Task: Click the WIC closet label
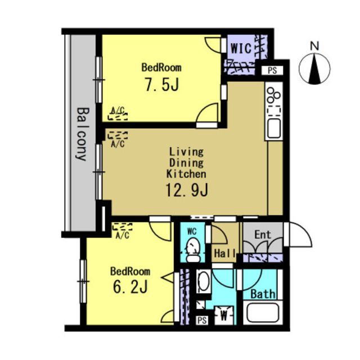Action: (x=241, y=48)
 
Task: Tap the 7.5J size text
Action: (x=161, y=84)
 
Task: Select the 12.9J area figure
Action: (x=187, y=190)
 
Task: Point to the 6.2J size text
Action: (x=130, y=286)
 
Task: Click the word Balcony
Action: (x=82, y=134)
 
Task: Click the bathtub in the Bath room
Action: (x=263, y=312)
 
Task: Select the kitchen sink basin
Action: (x=274, y=128)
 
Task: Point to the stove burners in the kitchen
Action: (x=274, y=95)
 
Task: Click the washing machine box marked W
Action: (x=224, y=315)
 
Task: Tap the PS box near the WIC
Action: (x=272, y=70)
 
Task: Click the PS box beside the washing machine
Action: (x=202, y=320)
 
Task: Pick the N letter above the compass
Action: (x=314, y=46)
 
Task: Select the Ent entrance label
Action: (x=263, y=235)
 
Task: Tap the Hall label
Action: (x=225, y=254)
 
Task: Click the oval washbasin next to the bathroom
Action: (x=204, y=281)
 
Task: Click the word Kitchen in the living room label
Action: (x=186, y=174)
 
